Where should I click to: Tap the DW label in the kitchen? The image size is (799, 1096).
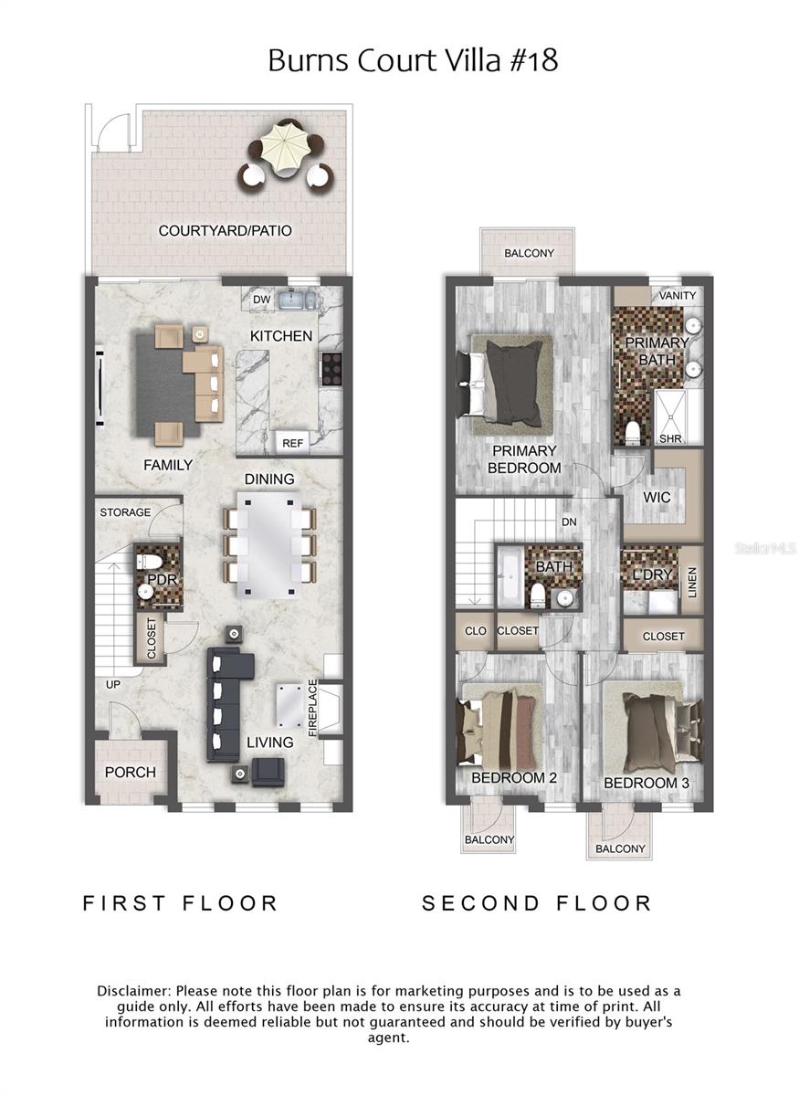tap(262, 299)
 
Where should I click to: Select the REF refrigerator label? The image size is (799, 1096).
tap(292, 443)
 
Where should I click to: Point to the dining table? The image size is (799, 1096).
tap(269, 545)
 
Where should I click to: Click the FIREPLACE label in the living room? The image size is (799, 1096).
tap(312, 708)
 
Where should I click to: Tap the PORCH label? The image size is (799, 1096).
tap(131, 772)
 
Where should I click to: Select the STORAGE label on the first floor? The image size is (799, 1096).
tap(125, 512)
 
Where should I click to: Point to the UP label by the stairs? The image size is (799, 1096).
tap(112, 684)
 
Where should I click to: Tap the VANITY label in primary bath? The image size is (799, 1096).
tap(677, 295)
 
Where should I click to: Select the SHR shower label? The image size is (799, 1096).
tap(669, 438)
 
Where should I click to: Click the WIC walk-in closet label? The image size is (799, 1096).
tap(657, 498)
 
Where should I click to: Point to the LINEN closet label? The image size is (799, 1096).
tap(691, 583)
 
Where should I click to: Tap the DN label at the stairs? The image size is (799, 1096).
tap(569, 522)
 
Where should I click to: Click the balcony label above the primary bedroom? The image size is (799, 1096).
tap(529, 253)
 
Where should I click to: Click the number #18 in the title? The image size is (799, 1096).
tap(527, 60)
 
